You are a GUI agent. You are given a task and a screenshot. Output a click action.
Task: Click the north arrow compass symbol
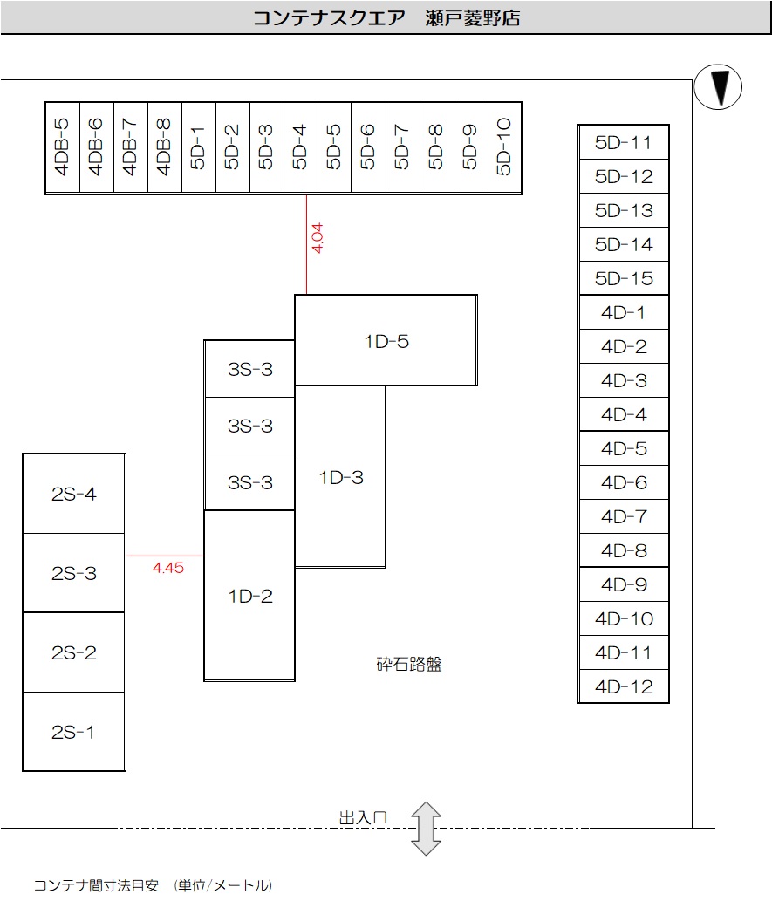(x=718, y=87)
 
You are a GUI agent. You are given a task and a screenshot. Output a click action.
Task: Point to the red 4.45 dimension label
(x=167, y=568)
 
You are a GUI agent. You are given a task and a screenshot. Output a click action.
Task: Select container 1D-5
(x=386, y=341)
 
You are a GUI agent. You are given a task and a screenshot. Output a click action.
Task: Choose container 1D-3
(x=340, y=477)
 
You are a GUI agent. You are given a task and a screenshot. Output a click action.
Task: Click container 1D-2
(x=249, y=597)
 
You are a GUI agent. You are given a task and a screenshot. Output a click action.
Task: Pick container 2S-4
(x=74, y=495)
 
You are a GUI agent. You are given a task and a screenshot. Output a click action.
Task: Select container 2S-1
(x=74, y=732)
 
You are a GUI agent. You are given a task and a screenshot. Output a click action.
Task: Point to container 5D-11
(x=624, y=143)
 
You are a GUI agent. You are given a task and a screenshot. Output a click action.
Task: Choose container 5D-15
(x=624, y=279)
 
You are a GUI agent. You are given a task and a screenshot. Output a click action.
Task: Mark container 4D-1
(x=624, y=313)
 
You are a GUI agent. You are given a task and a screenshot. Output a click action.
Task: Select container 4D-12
(x=624, y=686)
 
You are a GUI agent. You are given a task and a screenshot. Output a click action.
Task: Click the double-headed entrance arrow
(x=427, y=828)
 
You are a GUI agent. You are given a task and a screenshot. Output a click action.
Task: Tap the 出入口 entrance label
(x=362, y=818)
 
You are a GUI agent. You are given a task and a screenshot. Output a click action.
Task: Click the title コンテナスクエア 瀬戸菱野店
(x=386, y=17)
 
